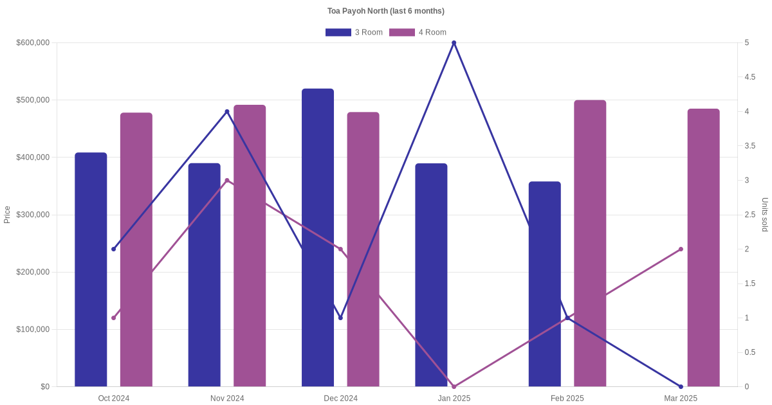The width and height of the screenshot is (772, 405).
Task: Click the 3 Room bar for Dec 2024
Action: click(x=318, y=238)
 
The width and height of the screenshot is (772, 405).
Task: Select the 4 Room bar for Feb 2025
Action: click(x=590, y=244)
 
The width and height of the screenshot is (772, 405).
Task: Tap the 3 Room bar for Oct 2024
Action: click(x=91, y=270)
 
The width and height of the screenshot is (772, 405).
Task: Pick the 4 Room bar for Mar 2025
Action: click(x=703, y=248)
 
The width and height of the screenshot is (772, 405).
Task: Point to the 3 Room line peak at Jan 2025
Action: click(x=454, y=43)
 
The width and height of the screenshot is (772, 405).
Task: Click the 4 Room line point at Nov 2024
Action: click(x=227, y=181)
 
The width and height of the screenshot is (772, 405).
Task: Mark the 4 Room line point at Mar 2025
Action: click(x=681, y=249)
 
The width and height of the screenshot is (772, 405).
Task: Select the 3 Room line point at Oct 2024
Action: click(x=114, y=249)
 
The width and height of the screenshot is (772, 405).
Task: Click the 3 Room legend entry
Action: click(x=354, y=33)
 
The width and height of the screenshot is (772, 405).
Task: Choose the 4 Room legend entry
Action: click(x=418, y=33)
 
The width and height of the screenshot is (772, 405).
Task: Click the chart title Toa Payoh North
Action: click(x=385, y=11)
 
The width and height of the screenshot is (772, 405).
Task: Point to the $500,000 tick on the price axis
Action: click(x=33, y=100)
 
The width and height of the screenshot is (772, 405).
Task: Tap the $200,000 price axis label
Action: click(x=33, y=273)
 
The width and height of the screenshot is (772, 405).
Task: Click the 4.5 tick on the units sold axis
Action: click(x=749, y=77)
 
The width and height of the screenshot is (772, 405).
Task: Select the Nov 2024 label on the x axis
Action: click(x=227, y=399)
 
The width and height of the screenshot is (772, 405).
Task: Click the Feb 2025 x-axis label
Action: click(x=567, y=399)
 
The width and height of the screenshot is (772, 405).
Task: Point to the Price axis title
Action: click(x=7, y=215)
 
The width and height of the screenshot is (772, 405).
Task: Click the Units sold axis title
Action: click(x=765, y=215)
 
